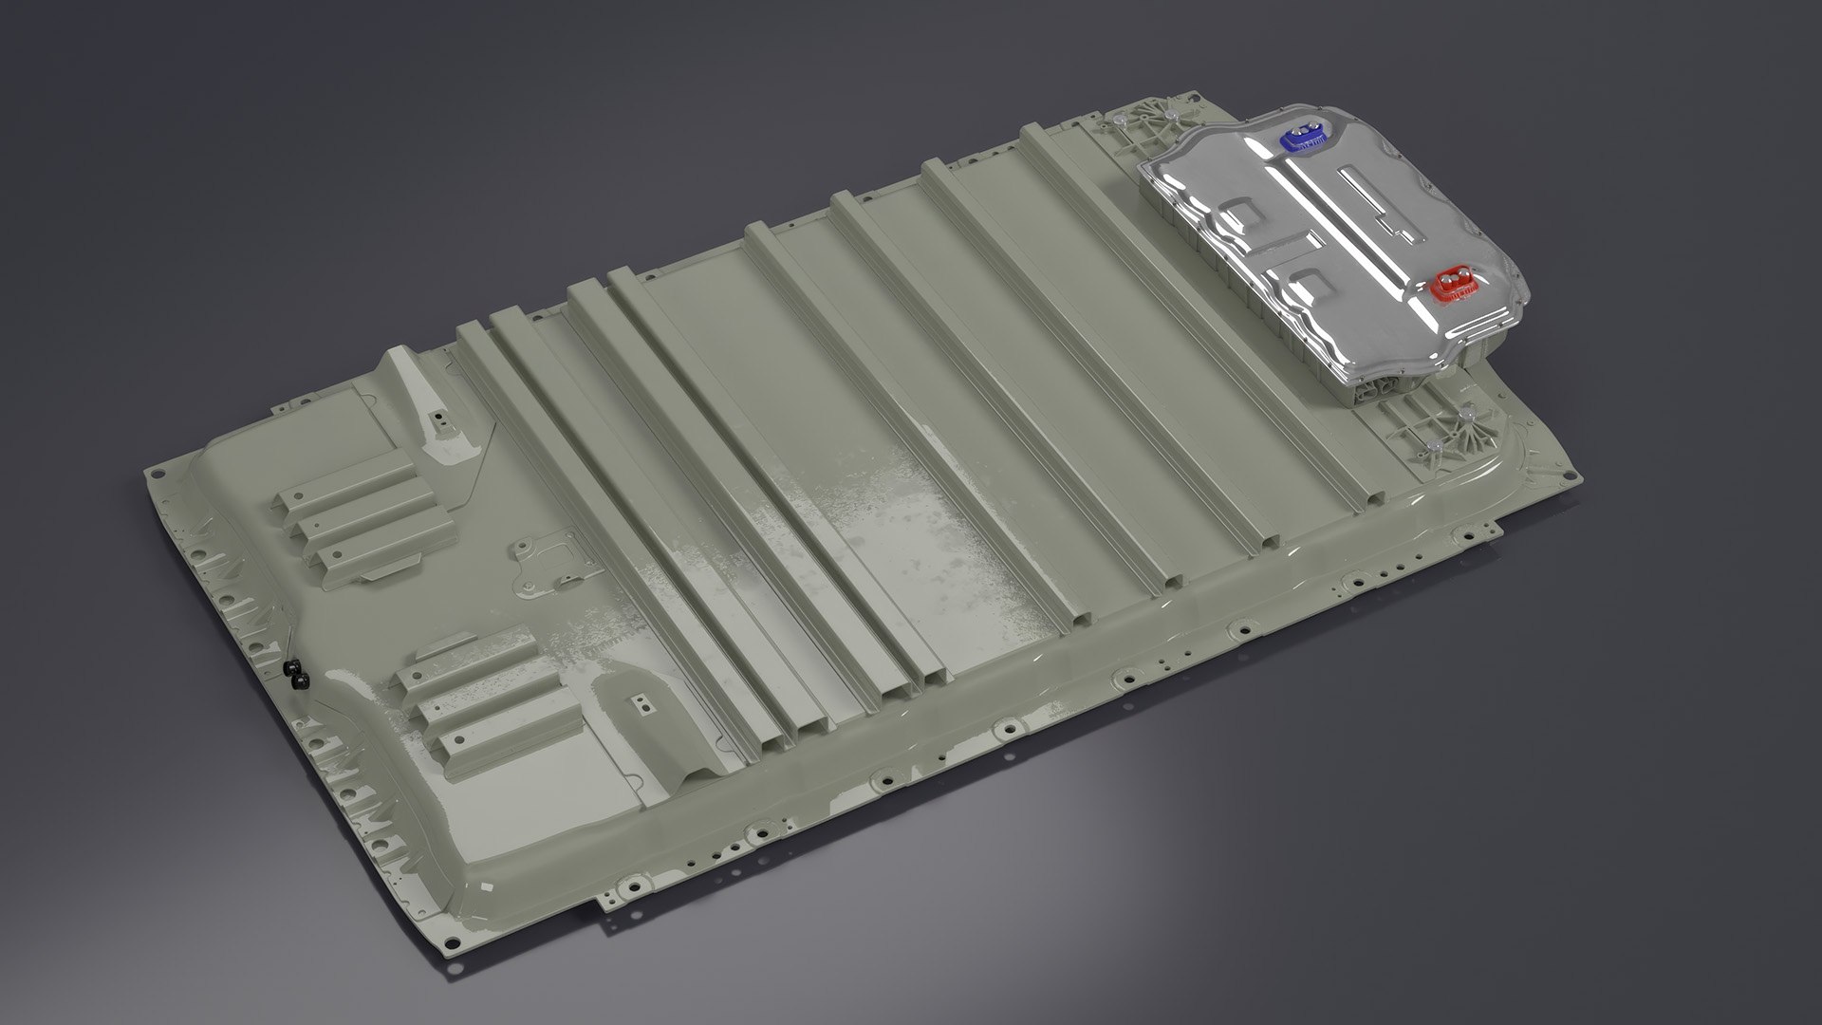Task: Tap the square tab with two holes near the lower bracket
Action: [x=642, y=703]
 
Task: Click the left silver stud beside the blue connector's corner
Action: [x=1120, y=122]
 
